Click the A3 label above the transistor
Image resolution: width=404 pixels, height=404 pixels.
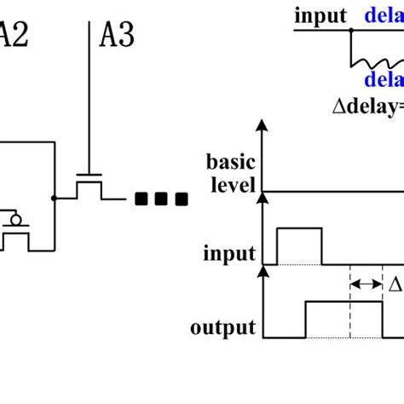click(x=118, y=36)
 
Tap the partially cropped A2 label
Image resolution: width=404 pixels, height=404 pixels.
click(x=12, y=36)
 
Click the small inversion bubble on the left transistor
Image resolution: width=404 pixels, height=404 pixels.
click(x=14, y=221)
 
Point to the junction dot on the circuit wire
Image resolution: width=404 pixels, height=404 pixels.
click(x=55, y=198)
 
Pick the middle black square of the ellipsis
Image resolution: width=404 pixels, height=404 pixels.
click(x=161, y=199)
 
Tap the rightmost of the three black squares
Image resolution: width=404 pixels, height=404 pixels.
click(x=180, y=199)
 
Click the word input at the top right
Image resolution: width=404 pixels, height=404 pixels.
click(x=320, y=15)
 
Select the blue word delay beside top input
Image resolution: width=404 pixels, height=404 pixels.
click(x=384, y=15)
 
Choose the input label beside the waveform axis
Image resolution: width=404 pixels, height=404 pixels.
click(x=229, y=254)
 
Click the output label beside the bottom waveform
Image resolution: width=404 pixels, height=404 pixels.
click(x=224, y=328)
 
